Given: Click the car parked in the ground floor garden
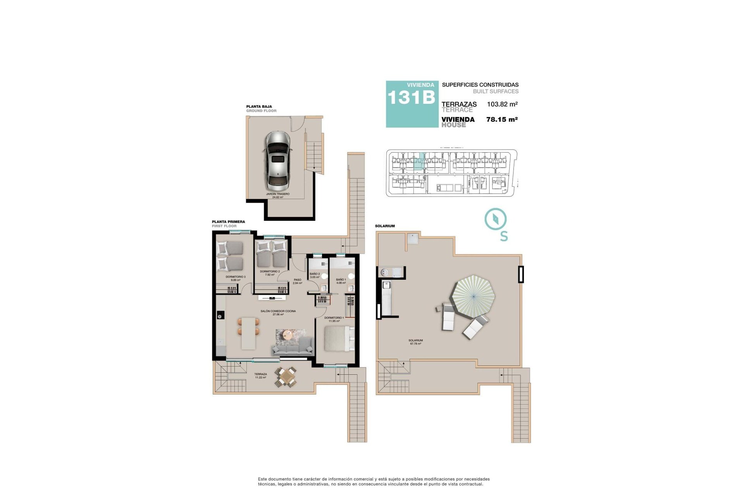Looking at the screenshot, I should [x=277, y=159].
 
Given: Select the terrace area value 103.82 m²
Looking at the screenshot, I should [x=502, y=104].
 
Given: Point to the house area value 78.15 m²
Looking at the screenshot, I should [x=502, y=120].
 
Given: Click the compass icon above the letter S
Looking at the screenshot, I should [x=496, y=219].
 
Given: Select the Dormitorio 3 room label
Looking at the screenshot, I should [x=236, y=278].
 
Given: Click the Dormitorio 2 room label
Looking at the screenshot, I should [x=270, y=273].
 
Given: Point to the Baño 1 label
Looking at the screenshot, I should [x=341, y=281].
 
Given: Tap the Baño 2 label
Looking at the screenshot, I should [x=315, y=275].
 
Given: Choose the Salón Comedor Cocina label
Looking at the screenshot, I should [x=278, y=313].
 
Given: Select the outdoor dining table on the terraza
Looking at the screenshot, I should [x=286, y=377].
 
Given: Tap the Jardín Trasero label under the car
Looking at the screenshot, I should [x=277, y=195].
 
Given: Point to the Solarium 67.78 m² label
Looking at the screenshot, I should [x=415, y=342].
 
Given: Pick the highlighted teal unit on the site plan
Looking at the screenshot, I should [x=418, y=162].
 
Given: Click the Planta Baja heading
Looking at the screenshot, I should [x=259, y=106].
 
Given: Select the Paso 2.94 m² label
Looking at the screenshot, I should [x=297, y=281].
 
